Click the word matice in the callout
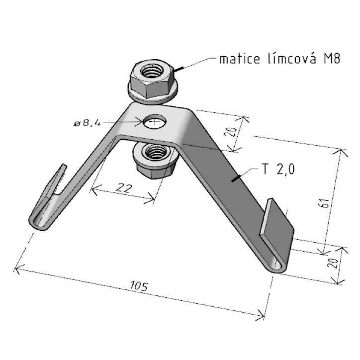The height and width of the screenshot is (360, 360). click(x=240, y=59)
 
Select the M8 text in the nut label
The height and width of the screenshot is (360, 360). click(x=332, y=59)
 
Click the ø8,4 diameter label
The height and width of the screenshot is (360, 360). click(x=87, y=123)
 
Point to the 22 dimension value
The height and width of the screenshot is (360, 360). click(x=124, y=188)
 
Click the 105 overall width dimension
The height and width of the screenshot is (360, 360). click(x=139, y=286)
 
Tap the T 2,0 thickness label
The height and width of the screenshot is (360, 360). click(x=278, y=170)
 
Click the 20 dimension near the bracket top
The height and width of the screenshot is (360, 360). click(x=231, y=131)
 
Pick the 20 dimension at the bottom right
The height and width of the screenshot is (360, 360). click(x=333, y=263)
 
